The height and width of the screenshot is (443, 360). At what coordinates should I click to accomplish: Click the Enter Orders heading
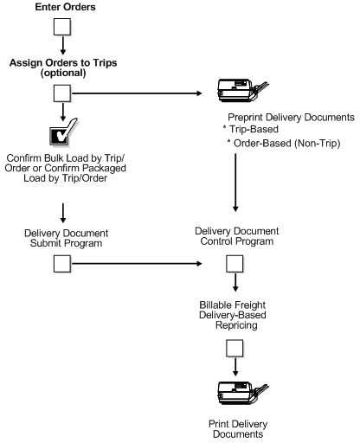[65, 8]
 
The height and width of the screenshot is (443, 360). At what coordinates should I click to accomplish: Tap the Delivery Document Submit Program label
[66, 237]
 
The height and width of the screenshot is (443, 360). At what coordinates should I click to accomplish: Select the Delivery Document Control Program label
[237, 237]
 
